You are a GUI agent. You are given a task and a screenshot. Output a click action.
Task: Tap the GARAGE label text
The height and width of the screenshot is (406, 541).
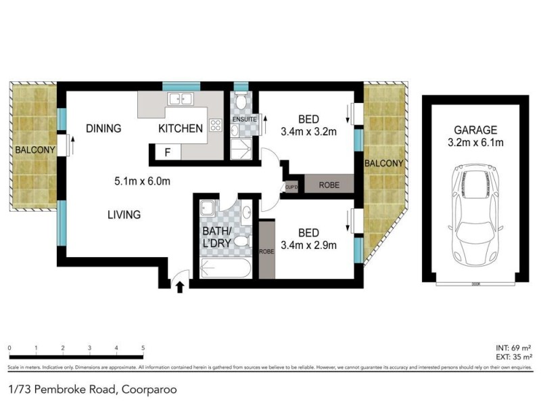[x=475, y=130]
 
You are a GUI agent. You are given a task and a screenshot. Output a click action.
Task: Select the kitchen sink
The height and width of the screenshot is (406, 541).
[x=180, y=99]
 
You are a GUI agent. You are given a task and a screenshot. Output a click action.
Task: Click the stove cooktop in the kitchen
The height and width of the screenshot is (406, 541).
[x=216, y=125]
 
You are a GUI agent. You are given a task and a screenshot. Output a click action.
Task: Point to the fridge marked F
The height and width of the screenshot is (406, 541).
[x=167, y=153]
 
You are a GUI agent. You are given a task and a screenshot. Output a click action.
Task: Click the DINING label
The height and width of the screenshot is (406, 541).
[x=103, y=129]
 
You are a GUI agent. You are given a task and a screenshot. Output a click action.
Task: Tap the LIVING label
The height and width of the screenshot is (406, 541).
[x=124, y=215]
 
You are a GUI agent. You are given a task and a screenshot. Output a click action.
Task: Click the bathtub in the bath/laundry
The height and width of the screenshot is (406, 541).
[x=227, y=271]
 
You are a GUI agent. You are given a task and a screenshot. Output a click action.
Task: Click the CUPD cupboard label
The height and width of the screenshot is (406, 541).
[x=291, y=187]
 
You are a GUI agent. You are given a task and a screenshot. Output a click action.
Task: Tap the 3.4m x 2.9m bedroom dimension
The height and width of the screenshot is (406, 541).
[x=308, y=244]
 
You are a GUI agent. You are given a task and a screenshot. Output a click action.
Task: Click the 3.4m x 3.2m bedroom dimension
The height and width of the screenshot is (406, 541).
[x=308, y=132]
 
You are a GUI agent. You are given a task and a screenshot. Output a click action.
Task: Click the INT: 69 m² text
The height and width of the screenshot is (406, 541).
[x=514, y=346]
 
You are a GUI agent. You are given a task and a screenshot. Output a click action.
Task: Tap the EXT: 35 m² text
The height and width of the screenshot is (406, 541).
[x=513, y=356]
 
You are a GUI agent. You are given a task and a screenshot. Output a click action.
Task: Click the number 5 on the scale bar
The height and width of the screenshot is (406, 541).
[x=143, y=348]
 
